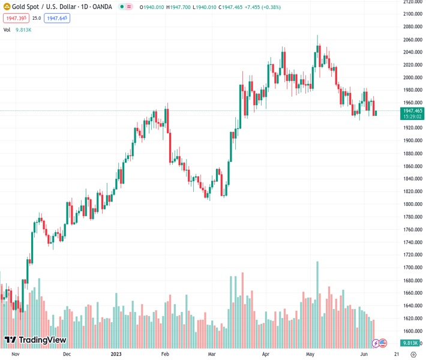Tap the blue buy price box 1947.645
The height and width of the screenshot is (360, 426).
pyautogui.click(x=56, y=18)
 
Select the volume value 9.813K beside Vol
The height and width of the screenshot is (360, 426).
pyautogui.click(x=23, y=29)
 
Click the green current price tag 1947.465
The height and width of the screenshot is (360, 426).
pyautogui.click(x=413, y=111)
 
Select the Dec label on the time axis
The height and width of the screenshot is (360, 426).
pyautogui.click(x=67, y=354)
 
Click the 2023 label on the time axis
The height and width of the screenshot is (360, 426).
pyautogui.click(x=116, y=354)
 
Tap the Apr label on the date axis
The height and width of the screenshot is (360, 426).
pyautogui.click(x=266, y=354)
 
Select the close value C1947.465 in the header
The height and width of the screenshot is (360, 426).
pyautogui.click(x=235, y=7)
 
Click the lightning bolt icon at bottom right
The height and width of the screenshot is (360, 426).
pyautogui.click(x=376, y=343)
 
